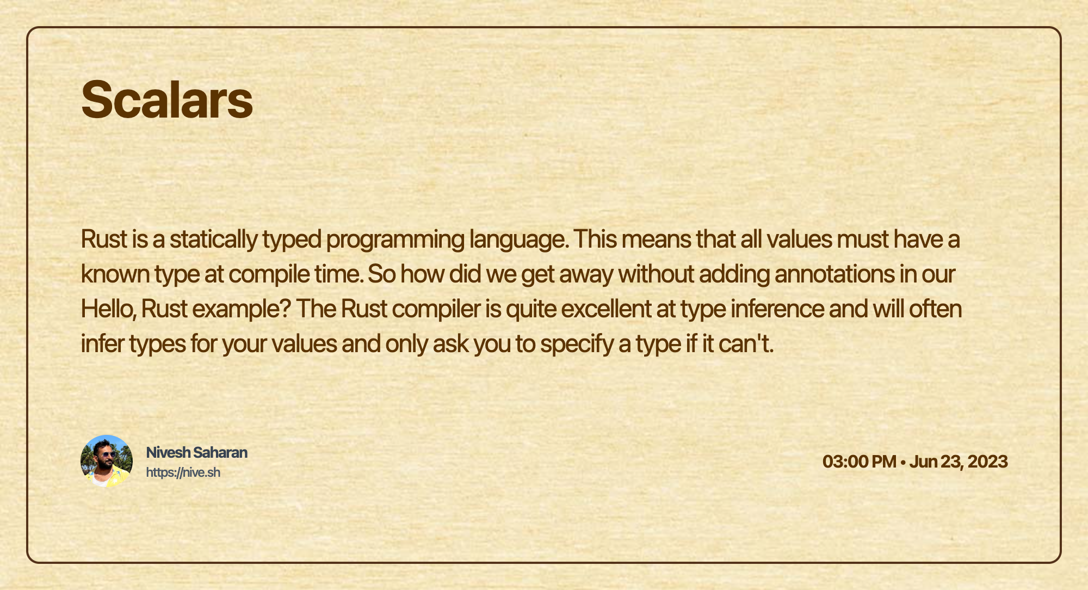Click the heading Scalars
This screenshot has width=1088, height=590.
(x=167, y=100)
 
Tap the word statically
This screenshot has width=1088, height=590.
(x=213, y=239)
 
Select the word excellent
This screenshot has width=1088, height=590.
(x=606, y=309)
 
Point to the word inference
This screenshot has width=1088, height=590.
(x=777, y=309)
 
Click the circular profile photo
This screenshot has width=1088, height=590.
(x=107, y=461)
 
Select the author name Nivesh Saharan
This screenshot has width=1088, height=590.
(x=197, y=452)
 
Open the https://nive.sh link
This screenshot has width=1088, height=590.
(x=183, y=472)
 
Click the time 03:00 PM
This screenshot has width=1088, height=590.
(x=860, y=462)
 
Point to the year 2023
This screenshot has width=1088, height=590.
(x=988, y=462)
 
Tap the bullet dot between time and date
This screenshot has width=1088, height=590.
(x=903, y=462)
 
